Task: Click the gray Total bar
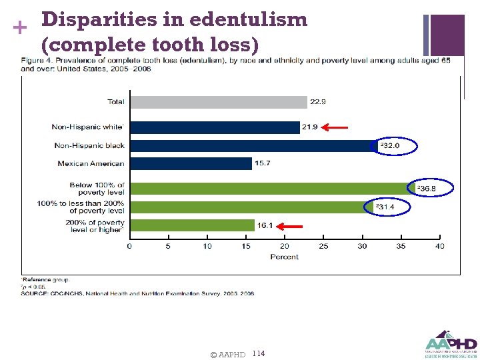click(218, 102)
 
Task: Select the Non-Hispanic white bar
click(215, 127)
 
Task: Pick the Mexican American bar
click(190, 163)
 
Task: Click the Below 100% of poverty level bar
click(272, 189)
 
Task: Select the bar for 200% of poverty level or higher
click(192, 225)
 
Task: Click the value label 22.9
click(317, 102)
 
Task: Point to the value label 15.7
click(262, 163)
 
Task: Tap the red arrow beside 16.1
click(292, 227)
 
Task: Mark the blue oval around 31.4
click(388, 207)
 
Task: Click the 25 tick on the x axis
click(323, 247)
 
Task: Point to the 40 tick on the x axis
click(439, 247)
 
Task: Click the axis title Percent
click(284, 257)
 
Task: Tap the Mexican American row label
click(91, 163)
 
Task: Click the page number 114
click(259, 353)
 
